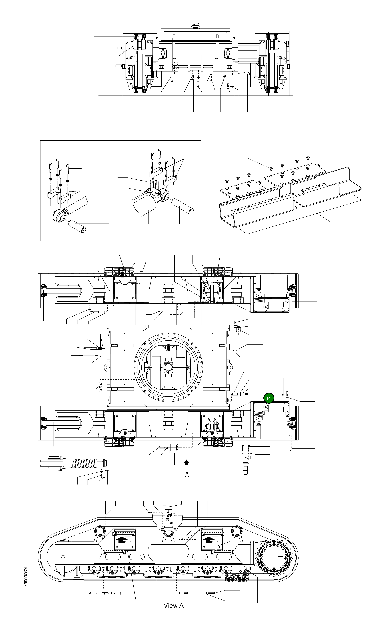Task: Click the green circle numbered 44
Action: pyautogui.click(x=268, y=398)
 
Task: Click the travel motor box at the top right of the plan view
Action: pyautogui.click(x=274, y=281)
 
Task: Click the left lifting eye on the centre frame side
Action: pyautogui.click(x=107, y=367)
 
